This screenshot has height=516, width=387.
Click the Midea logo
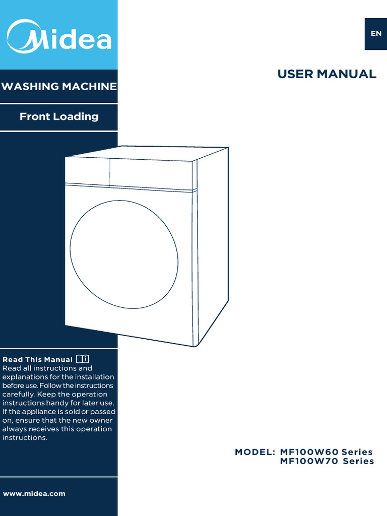point(58,35)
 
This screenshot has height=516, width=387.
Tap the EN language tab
point(376,34)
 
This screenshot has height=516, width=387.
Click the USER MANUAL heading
point(327,74)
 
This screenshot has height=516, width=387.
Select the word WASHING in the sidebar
point(30,87)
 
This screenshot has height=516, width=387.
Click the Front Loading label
point(59,116)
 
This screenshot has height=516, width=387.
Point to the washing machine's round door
point(124,254)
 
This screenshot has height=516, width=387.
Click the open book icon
point(83,359)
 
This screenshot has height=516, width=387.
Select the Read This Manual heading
point(38,360)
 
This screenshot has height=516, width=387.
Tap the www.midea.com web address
point(34,493)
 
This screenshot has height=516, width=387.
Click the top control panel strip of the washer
point(128,172)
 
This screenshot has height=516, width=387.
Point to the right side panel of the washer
point(212,242)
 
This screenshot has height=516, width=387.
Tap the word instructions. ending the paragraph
point(25,438)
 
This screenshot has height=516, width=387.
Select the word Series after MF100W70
point(358,461)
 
